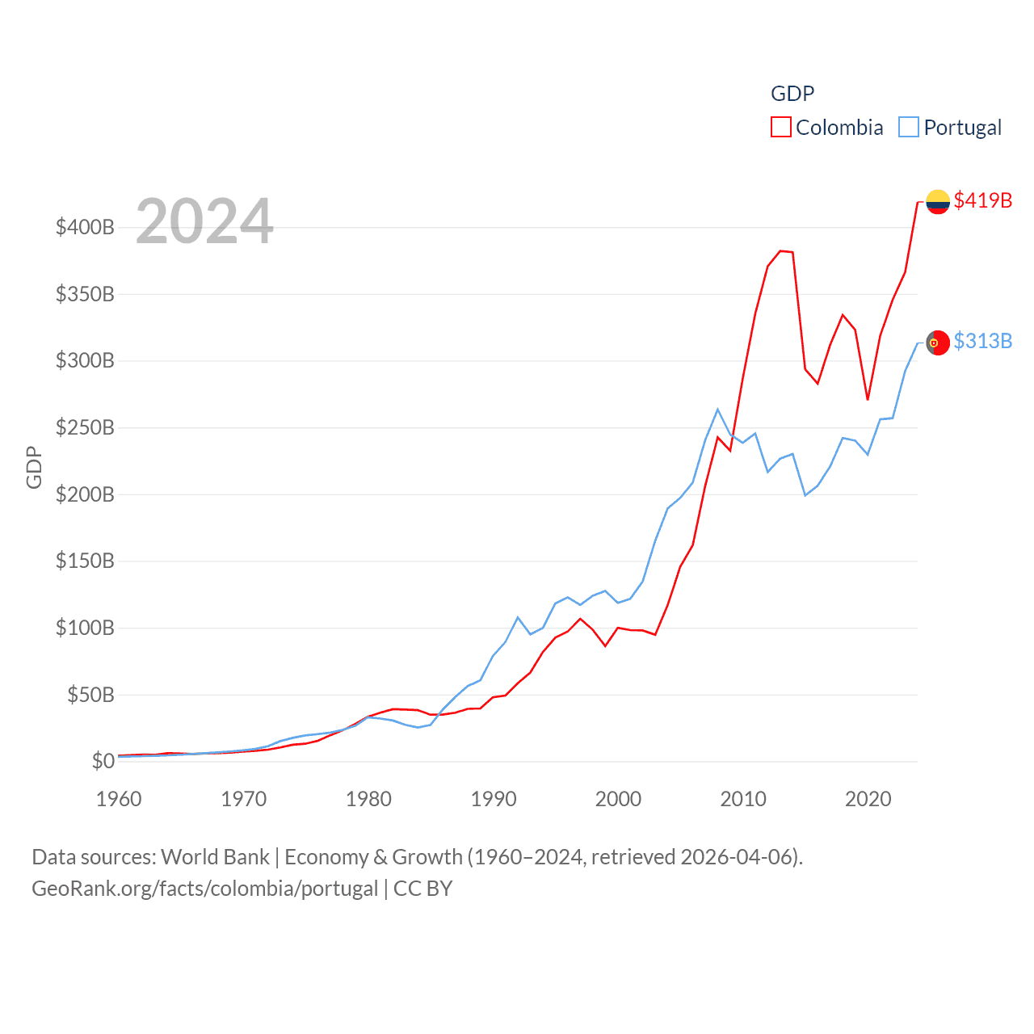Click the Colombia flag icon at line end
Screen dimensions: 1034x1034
pyautogui.click(x=937, y=201)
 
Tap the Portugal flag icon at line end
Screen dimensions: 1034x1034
pyautogui.click(x=937, y=343)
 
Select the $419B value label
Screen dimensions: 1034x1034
pyautogui.click(x=982, y=200)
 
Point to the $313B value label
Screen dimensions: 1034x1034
pyautogui.click(x=982, y=341)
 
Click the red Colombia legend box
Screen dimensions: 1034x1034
pyautogui.click(x=780, y=128)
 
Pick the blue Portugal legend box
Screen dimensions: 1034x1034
pyautogui.click(x=909, y=128)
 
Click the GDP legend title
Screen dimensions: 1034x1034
pyautogui.click(x=792, y=94)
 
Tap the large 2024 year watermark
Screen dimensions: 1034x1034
pyautogui.click(x=204, y=221)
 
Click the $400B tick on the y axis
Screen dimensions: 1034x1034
pyautogui.click(x=85, y=227)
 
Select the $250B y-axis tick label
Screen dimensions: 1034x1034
pyautogui.click(x=85, y=427)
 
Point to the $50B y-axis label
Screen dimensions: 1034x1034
pyautogui.click(x=90, y=695)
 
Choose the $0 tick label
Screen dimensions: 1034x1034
pyautogui.click(x=103, y=761)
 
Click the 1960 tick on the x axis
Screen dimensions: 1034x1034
pyautogui.click(x=119, y=799)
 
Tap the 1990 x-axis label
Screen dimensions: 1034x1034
pyautogui.click(x=494, y=799)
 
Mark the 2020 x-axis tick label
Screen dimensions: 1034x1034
pyautogui.click(x=868, y=799)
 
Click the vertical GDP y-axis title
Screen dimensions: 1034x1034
pyautogui.click(x=34, y=467)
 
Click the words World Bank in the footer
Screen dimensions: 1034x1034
pyautogui.click(x=215, y=856)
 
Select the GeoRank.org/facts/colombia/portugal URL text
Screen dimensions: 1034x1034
pyautogui.click(x=204, y=889)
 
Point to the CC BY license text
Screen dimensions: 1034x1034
pyautogui.click(x=422, y=889)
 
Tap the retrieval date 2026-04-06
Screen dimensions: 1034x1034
pyautogui.click(x=739, y=856)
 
